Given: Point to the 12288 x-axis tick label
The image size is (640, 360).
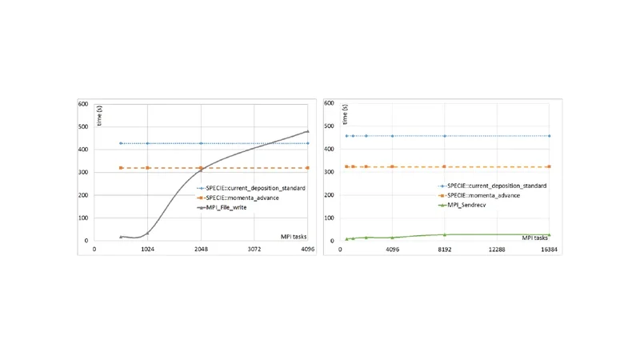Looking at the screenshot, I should [x=497, y=249].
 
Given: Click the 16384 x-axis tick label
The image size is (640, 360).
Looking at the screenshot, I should [x=549, y=249].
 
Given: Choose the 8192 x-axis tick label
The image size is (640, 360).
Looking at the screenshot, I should [x=445, y=249].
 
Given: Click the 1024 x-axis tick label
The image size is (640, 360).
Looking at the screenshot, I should [x=147, y=249].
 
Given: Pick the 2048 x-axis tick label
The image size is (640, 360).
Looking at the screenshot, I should [x=201, y=249].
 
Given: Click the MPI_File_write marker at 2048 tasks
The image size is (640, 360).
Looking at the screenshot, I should [x=201, y=170].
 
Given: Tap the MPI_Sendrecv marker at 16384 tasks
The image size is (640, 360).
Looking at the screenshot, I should [x=549, y=234].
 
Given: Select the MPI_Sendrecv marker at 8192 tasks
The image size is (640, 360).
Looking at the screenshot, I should [x=445, y=234].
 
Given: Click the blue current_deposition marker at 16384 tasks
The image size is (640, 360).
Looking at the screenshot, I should [x=549, y=136].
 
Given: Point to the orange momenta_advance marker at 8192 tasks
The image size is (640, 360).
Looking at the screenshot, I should [x=445, y=166].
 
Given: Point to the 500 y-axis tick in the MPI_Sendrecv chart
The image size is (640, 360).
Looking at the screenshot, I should [x=329, y=126].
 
